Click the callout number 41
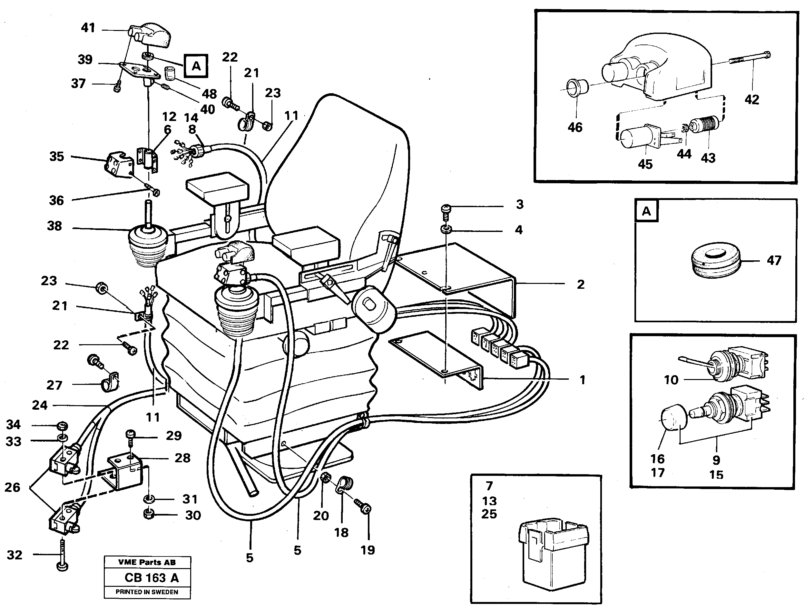[x=88, y=28]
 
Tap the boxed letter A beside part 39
[x=196, y=66]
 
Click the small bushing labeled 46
[x=576, y=88]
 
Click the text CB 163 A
[x=152, y=578]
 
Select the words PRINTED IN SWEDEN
[x=147, y=592]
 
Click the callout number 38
[x=54, y=226]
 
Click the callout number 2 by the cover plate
[x=581, y=285]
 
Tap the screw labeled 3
[x=446, y=211]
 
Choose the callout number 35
[x=56, y=156]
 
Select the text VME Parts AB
[x=147, y=562]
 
